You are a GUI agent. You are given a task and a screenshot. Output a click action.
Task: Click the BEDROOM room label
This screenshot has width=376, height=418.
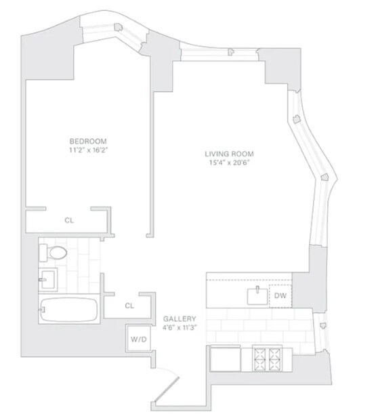point(88,141)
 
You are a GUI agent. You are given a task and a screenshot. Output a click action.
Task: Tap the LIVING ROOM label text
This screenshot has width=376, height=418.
point(229,154)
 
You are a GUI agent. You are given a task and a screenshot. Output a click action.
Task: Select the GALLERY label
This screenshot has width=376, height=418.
point(180,318)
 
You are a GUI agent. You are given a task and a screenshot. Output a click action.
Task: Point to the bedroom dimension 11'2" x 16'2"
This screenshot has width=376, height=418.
point(88,150)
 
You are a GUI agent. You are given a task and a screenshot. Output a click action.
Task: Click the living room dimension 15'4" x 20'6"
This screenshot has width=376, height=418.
point(229,163)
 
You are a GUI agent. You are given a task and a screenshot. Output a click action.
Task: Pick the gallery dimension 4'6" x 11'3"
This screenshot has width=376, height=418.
point(180,327)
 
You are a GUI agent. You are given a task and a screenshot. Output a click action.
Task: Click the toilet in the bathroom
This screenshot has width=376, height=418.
point(53,252)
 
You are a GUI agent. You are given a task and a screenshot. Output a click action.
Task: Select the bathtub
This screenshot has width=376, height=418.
point(69,310)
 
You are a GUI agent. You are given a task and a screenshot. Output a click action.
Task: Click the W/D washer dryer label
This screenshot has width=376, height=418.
point(139,339)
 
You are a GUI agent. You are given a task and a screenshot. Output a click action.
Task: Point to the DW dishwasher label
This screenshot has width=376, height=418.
point(280,295)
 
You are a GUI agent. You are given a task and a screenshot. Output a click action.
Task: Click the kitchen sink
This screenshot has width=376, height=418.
point(257,296)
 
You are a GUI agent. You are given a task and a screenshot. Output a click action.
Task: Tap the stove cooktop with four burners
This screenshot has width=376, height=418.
point(267,358)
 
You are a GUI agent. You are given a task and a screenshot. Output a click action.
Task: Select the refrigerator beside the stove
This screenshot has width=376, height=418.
point(226,358)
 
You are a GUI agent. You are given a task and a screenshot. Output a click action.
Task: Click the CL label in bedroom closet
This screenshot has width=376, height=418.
point(69,220)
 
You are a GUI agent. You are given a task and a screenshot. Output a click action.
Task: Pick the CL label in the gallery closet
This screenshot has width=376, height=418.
point(129,306)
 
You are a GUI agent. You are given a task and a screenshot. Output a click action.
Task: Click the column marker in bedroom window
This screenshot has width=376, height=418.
point(118,27)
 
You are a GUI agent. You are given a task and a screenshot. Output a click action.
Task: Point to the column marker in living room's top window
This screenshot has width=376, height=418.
point(231,51)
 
